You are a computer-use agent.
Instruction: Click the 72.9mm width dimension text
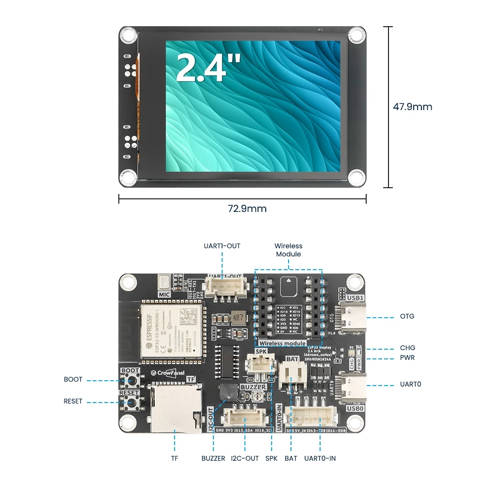point(247,209)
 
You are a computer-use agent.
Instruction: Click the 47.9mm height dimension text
point(412,107)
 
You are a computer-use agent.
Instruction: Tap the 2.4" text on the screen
point(209,67)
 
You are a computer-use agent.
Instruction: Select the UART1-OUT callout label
point(222,246)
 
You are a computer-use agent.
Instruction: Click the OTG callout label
point(407,316)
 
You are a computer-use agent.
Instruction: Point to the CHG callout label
point(407,348)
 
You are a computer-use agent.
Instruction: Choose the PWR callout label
point(407,358)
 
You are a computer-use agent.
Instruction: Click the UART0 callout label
point(410,384)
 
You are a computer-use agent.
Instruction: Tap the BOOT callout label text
point(73,379)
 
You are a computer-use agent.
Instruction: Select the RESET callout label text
point(73,401)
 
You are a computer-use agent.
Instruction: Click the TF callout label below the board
point(175,458)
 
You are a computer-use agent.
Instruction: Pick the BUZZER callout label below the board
point(213,458)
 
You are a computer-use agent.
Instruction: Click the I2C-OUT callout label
point(245,458)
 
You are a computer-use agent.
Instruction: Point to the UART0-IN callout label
point(320,458)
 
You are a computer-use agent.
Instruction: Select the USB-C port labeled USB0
point(352,386)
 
